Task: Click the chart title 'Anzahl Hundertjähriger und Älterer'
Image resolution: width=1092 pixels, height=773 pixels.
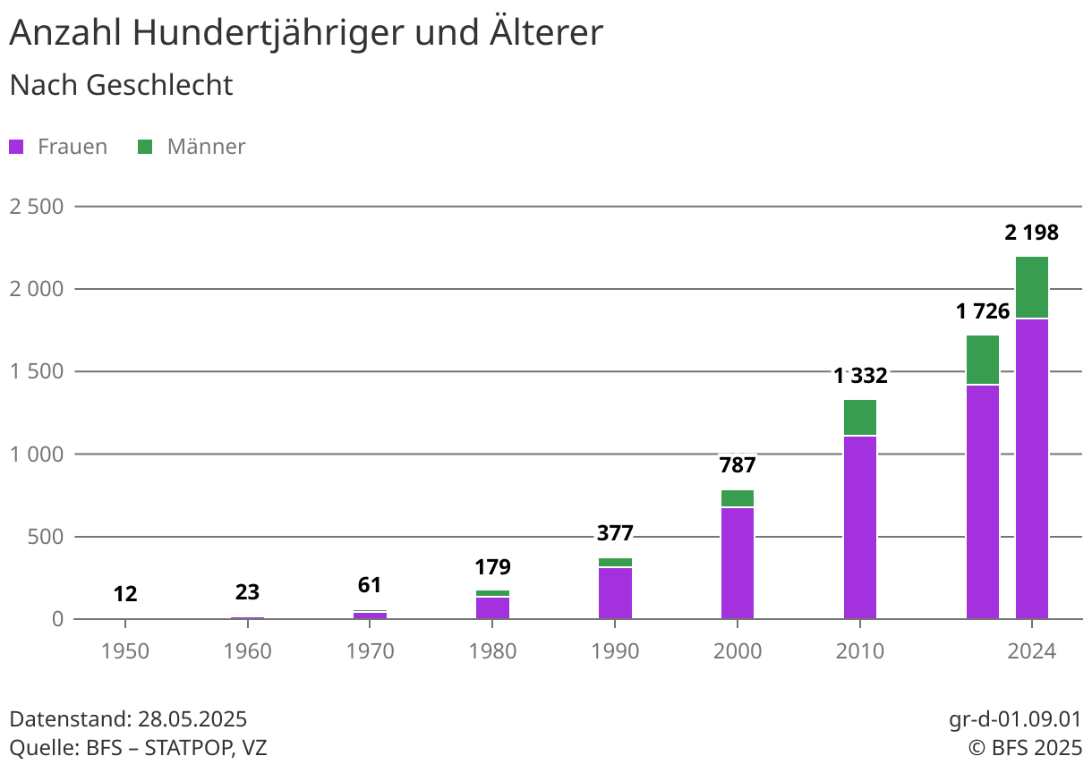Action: tap(306, 34)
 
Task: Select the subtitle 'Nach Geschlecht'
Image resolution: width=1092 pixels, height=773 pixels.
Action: tap(121, 85)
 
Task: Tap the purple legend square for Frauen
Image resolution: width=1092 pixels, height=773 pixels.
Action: tap(16, 147)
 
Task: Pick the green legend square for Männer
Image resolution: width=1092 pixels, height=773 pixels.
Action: tap(145, 147)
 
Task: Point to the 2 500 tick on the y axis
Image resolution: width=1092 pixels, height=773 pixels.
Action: tap(37, 207)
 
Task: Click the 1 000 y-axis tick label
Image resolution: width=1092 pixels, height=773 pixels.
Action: tap(37, 454)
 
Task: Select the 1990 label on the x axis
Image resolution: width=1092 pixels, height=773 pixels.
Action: tap(615, 651)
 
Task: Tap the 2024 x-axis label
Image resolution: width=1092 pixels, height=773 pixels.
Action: tap(1032, 651)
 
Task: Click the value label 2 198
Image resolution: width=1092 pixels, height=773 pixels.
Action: tap(1031, 234)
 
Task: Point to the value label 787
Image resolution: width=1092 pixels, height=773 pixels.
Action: tap(738, 465)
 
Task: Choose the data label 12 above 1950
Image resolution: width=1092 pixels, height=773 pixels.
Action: tap(125, 594)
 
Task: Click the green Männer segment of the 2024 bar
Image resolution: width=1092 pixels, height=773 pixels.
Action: tap(1032, 287)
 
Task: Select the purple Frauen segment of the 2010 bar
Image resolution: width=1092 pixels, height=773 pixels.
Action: tap(860, 527)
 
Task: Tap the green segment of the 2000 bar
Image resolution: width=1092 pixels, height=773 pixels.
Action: tap(738, 498)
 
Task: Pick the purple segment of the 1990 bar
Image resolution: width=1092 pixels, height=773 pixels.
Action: tap(615, 593)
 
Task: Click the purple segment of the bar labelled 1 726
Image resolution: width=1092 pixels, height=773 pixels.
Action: tap(983, 501)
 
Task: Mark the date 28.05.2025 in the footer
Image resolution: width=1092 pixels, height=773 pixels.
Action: tap(192, 719)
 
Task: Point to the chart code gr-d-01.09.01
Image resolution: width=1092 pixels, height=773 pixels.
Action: tap(1015, 719)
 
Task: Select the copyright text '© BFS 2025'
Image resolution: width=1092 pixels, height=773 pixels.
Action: tap(1024, 748)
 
